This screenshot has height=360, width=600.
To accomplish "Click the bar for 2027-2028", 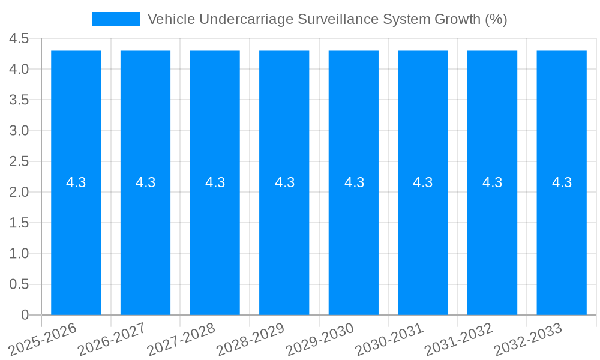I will [x=215, y=240].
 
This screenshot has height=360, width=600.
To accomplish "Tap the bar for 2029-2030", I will [x=353, y=240].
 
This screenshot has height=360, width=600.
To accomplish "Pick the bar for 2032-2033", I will [x=562, y=240].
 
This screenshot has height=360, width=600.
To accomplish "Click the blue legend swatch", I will [x=116, y=19].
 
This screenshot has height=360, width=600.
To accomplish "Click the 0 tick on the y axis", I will [x=25, y=315].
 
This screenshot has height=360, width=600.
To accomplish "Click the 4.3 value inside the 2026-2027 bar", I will [x=146, y=182].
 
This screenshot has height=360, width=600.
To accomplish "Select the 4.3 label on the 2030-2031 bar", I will [x=423, y=182].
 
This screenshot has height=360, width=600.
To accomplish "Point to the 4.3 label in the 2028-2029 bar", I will [x=284, y=182].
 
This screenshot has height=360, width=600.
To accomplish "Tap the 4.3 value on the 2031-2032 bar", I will [x=493, y=182].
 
